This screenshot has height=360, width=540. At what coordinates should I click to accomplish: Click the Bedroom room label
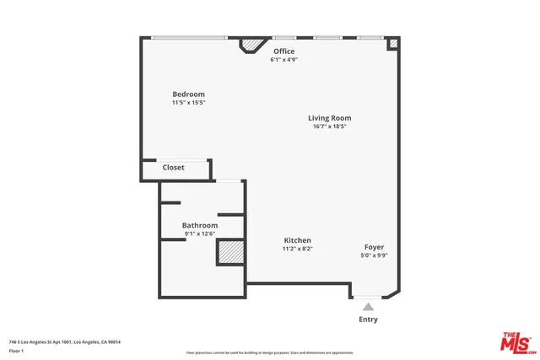[x=188, y=94]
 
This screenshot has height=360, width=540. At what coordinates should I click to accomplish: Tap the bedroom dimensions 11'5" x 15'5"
[x=188, y=103]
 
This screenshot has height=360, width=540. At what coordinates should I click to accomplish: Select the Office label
[x=283, y=51]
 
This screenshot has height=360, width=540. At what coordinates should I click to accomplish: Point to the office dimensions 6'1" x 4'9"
[x=283, y=60]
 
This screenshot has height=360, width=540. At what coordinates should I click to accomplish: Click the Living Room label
[x=329, y=118]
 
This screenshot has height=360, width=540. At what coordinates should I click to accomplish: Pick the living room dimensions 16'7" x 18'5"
[x=329, y=126]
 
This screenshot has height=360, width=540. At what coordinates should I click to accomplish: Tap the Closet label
[x=173, y=168]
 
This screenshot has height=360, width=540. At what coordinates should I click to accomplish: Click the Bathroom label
[x=200, y=225]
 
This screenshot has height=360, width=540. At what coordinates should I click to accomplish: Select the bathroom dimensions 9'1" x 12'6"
[x=200, y=234]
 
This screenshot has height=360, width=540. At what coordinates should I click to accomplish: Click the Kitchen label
[x=297, y=240]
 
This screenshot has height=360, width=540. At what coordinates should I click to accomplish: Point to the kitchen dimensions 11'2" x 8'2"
[x=297, y=250]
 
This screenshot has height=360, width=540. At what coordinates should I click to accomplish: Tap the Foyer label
[x=375, y=246]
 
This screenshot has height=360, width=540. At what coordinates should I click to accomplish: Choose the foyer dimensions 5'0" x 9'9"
[x=375, y=255]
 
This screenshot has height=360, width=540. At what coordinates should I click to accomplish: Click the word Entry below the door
[x=369, y=320]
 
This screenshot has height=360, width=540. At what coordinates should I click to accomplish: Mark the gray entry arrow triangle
[x=368, y=307]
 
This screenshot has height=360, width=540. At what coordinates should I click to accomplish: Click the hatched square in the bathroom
[x=230, y=253]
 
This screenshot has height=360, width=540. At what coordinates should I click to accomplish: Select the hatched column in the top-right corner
[x=392, y=43]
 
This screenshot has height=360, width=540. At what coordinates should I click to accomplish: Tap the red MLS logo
[x=516, y=342]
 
